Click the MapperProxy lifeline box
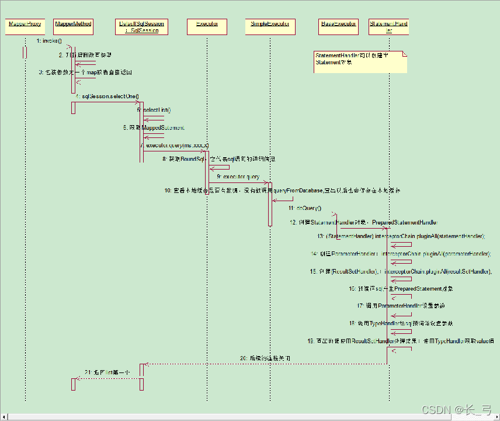[25, 27]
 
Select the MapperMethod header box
[73, 27]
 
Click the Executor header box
[207, 27]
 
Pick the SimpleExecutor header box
[270, 27]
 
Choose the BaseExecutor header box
[338, 27]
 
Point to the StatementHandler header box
[388, 27]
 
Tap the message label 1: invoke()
[48, 41]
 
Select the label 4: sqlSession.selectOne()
[107, 96]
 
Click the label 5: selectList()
[154, 110]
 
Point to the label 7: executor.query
[175, 145]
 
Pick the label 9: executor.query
[238, 176]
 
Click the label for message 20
[265, 357]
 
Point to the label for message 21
[107, 372]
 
